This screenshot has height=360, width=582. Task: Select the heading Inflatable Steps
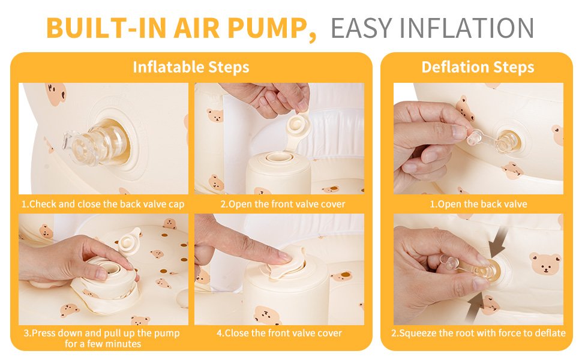click(191, 67)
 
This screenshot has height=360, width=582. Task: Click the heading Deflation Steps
click(478, 67)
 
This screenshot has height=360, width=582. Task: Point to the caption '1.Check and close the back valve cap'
click(103, 204)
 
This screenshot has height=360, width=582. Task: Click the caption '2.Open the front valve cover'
click(283, 204)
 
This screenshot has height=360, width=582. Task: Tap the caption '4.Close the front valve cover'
click(279, 333)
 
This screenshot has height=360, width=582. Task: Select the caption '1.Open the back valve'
click(478, 204)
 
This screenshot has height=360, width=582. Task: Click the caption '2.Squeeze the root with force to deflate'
click(478, 333)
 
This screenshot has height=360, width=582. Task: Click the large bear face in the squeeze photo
click(545, 263)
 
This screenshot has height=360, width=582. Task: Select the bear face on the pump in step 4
click(266, 316)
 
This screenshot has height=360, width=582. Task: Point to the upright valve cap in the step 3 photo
click(129, 241)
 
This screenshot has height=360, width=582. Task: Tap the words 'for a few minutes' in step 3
click(103, 344)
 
